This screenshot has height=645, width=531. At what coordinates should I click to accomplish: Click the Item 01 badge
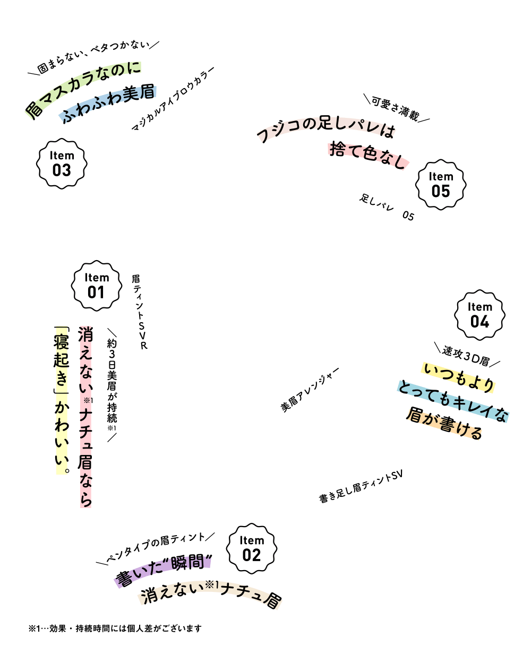[x=96, y=286]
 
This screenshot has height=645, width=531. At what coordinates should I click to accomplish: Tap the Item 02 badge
[x=252, y=548]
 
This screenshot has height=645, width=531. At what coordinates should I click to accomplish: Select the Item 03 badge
[x=62, y=164]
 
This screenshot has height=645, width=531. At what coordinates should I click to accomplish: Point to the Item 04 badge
[x=479, y=315]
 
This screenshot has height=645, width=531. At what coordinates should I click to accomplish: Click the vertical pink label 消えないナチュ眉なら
[x=85, y=417]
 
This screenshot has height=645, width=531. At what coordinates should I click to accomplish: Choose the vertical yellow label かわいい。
[x=62, y=435]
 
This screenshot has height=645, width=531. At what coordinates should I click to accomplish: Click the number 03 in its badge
[x=62, y=170]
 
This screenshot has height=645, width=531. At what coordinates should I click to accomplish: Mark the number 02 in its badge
[x=252, y=555]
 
